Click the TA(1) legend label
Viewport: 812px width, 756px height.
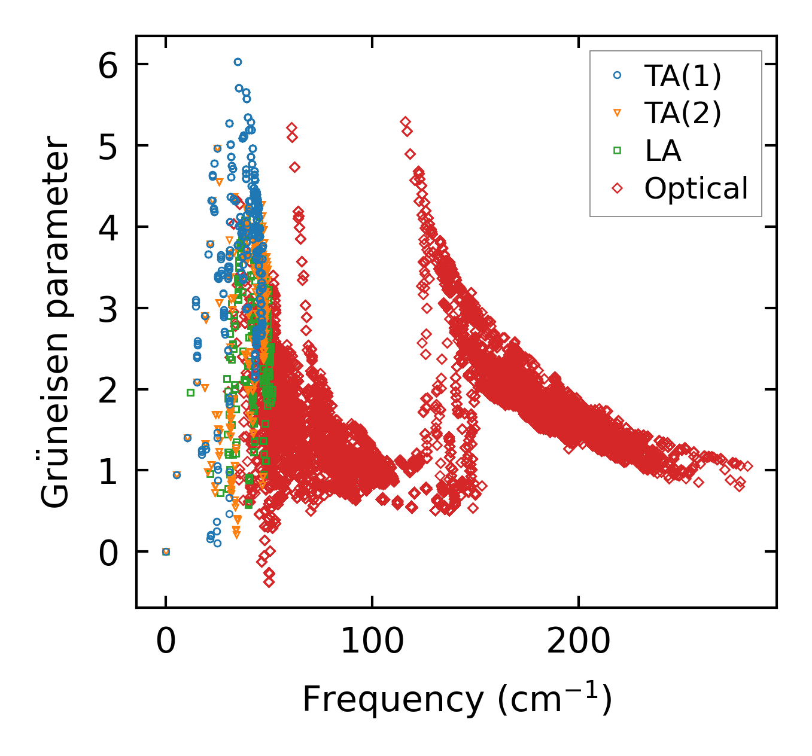[683, 76]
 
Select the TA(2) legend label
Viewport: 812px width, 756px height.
[683, 113]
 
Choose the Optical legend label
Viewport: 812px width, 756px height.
[696, 188]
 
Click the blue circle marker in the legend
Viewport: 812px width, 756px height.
[618, 75]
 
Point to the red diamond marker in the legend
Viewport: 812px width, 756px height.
[618, 188]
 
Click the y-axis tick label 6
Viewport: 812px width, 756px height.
[108, 65]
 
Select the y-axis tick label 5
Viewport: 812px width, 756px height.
[108, 146]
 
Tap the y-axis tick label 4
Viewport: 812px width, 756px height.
[108, 227]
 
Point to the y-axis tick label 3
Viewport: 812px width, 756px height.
[108, 309]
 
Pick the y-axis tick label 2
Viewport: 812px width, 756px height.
[108, 390]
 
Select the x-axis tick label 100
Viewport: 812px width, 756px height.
[372, 641]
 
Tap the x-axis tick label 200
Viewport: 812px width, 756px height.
[578, 641]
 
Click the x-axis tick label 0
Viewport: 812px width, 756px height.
[166, 641]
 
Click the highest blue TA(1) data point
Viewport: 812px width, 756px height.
[238, 62]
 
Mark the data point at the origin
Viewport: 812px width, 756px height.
[166, 551]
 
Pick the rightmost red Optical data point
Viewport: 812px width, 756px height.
[747, 467]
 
